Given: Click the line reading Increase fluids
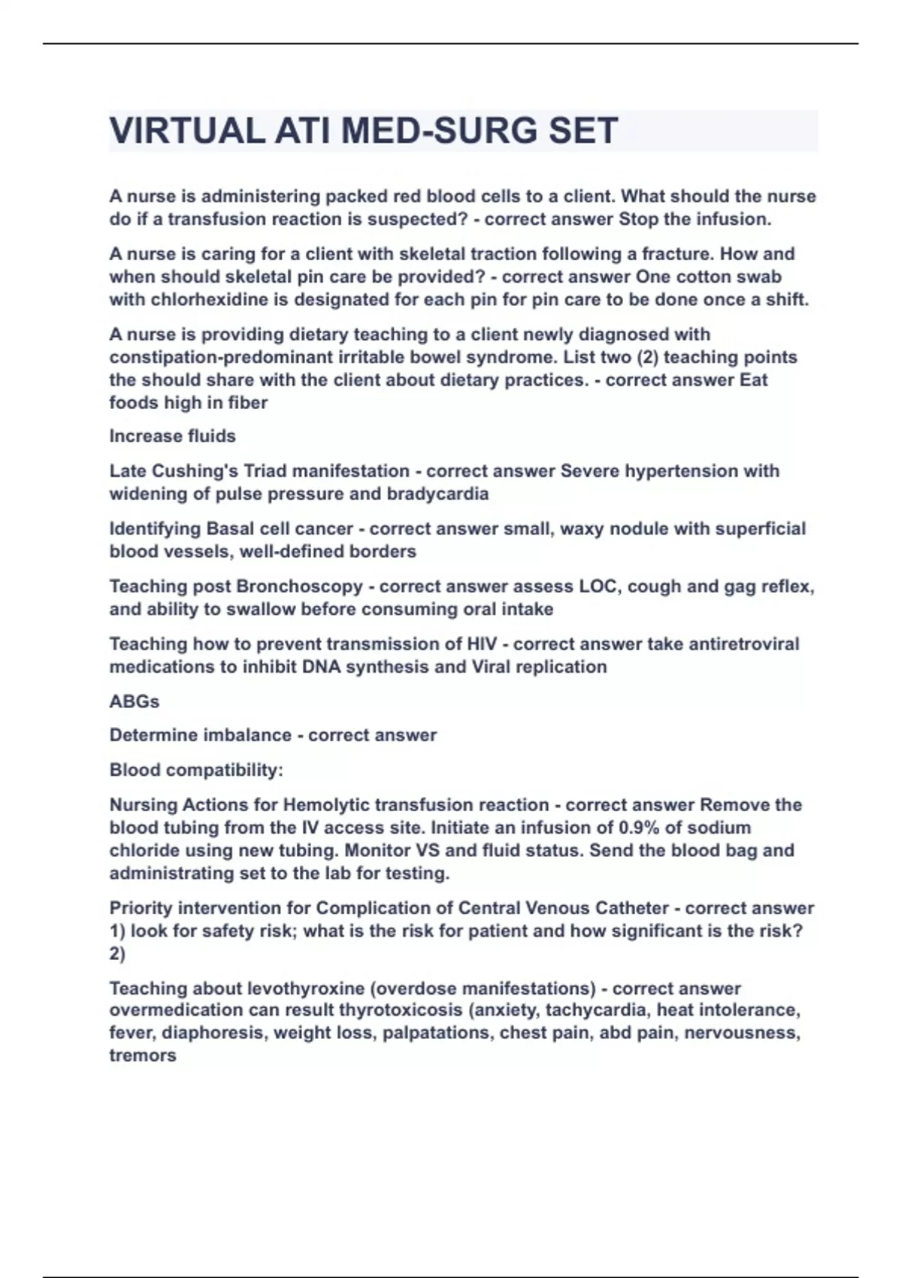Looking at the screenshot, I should (172, 436).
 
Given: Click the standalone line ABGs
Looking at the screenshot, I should (135, 701).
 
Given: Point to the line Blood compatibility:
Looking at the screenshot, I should (196, 770).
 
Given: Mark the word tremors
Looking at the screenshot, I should (143, 1055).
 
